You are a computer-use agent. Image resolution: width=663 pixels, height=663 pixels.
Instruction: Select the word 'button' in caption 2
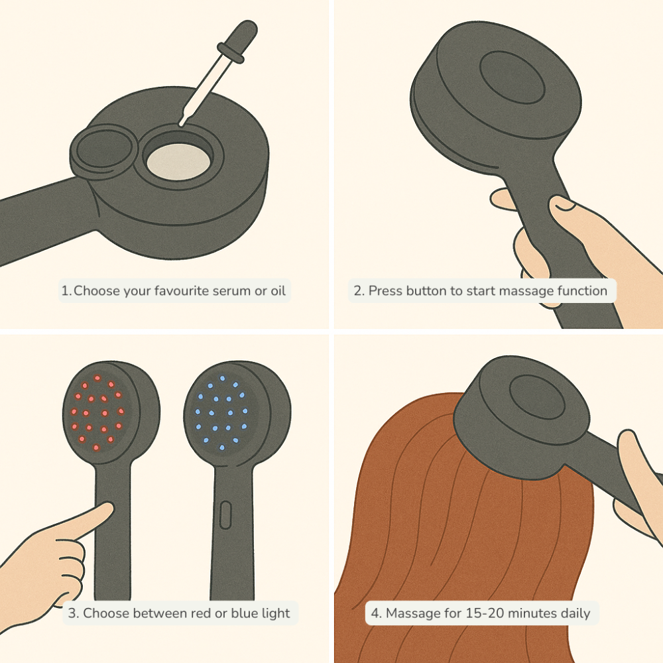coord(424,291)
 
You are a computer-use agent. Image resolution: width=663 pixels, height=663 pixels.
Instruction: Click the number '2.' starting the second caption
coord(359,291)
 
